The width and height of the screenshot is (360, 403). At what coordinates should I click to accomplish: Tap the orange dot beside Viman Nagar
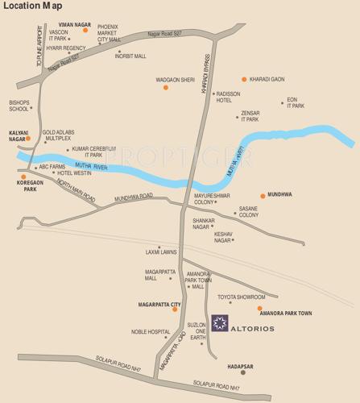(x=97, y=30)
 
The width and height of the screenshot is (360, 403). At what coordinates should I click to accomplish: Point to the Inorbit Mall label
(x=130, y=56)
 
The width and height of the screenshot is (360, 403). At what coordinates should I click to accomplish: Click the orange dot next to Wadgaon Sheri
(x=166, y=86)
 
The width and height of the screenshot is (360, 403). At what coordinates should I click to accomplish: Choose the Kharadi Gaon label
(x=267, y=79)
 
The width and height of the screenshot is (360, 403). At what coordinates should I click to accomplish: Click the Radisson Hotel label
(x=229, y=97)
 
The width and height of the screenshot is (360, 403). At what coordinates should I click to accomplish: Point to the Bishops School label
(x=19, y=106)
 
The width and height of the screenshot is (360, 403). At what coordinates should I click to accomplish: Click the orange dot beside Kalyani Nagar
(x=28, y=138)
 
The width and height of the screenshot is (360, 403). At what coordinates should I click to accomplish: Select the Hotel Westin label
(x=75, y=173)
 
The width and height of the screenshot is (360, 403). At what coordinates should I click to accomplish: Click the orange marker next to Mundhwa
(x=263, y=195)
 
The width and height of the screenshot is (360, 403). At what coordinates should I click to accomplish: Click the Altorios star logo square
(x=220, y=322)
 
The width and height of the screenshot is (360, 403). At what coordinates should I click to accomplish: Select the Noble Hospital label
(x=151, y=331)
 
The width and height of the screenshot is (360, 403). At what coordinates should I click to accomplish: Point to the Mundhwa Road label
(x=134, y=197)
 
